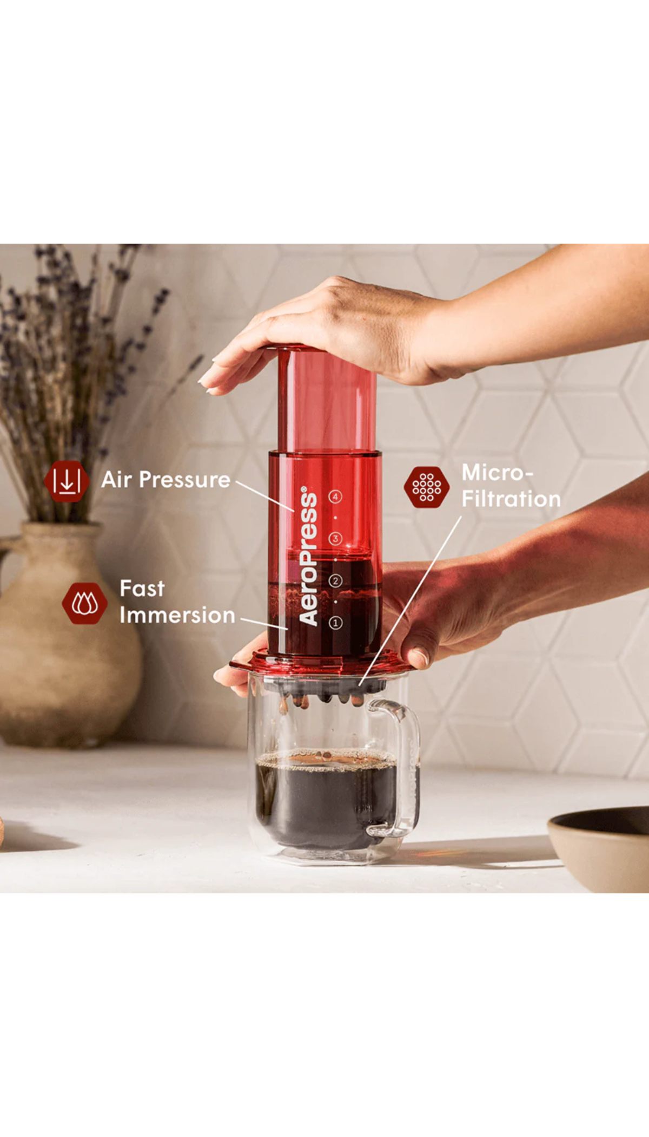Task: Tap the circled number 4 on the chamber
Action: (335, 496)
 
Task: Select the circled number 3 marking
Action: (335, 539)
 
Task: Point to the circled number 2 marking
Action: (335, 581)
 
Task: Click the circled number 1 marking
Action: (335, 623)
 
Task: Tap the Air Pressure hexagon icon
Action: (67, 481)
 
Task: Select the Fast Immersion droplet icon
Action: (84, 603)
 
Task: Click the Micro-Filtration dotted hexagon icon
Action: (427, 487)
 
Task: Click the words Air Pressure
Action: (166, 480)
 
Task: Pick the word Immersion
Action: (177, 615)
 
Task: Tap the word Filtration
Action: (511, 499)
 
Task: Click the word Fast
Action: (142, 589)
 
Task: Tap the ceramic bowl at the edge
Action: (600, 847)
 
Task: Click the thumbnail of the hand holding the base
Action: (419, 657)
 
